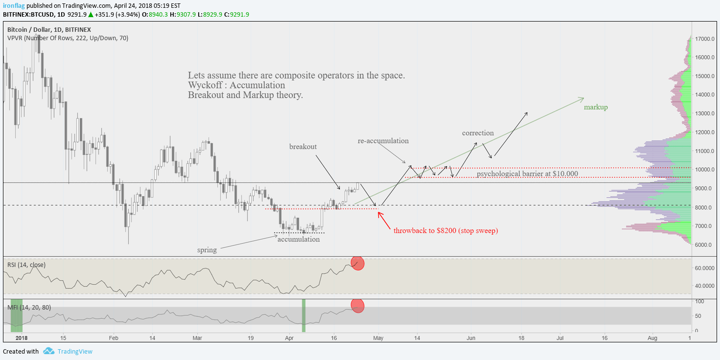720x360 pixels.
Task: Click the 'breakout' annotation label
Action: [303, 146]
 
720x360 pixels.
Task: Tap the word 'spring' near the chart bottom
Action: [207, 250]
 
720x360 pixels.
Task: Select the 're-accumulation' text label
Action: [383, 141]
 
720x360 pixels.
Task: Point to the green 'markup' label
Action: [596, 107]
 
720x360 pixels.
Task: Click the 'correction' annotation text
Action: [478, 133]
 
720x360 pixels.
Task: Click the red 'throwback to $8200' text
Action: [445, 230]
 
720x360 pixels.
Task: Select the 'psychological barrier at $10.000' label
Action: [527, 173]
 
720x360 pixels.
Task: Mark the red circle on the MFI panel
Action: [358, 306]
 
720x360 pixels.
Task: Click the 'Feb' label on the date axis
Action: [114, 338]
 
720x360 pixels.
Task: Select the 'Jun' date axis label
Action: [471, 338]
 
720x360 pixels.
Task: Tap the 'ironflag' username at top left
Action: [14, 5]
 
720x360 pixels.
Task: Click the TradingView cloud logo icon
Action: [48, 351]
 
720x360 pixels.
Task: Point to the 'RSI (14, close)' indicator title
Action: [26, 264]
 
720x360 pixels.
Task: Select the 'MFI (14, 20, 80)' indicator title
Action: [29, 307]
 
